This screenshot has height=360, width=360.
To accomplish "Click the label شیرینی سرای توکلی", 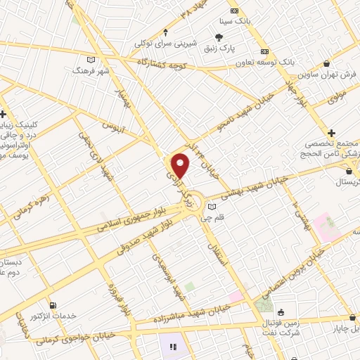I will [165, 44].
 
